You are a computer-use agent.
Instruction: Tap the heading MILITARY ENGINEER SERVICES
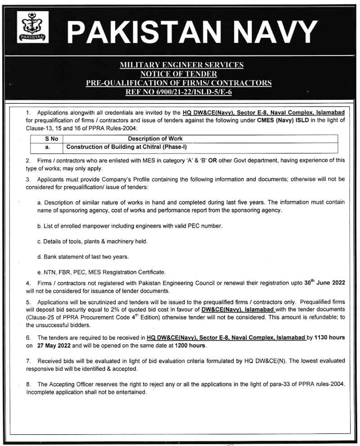coord(181,65)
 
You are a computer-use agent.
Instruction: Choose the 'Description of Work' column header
coord(155,139)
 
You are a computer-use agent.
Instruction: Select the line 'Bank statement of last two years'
coord(83,257)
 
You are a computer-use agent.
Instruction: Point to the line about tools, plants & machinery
coord(92,242)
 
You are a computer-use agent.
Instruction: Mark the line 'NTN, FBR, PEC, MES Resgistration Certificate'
coord(101,272)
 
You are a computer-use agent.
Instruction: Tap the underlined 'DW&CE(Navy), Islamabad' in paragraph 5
coord(237,310)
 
